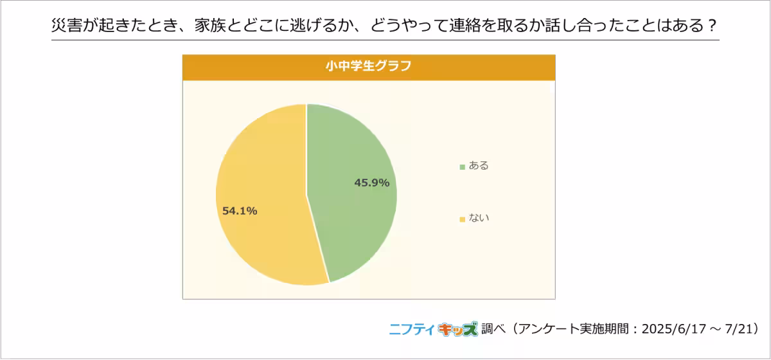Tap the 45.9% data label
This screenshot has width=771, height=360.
coord(371,183)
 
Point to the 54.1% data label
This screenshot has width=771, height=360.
coord(240,211)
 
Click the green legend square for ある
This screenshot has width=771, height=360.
coord(462,167)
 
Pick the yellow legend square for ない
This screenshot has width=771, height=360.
coord(462,220)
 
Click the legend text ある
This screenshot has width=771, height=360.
coord(479,166)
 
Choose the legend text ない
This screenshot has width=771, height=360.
coord(479,219)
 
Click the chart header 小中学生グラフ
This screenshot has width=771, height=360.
coord(368,66)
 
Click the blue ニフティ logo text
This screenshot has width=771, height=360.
coord(412,329)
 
